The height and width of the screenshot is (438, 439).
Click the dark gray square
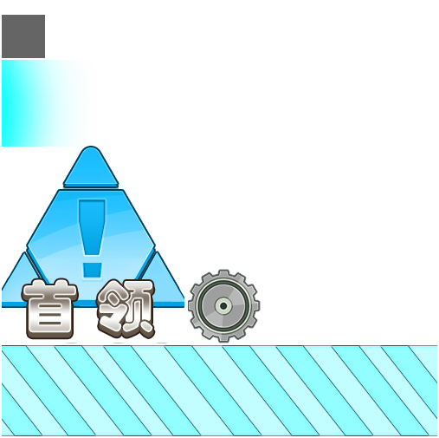[23, 36]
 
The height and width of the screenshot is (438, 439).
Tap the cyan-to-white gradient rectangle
[43, 103]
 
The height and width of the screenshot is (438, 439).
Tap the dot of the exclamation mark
[92, 271]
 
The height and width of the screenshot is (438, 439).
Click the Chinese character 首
[50, 308]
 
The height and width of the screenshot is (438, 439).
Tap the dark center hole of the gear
[223, 305]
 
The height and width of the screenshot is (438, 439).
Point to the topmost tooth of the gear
[223, 273]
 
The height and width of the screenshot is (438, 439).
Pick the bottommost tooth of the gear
[223, 338]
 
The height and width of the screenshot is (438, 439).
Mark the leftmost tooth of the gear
[191, 305]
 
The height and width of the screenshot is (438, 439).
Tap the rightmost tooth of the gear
[256, 305]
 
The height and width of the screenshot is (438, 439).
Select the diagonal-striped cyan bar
[219, 390]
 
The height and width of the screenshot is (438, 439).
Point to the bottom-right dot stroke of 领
[146, 328]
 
